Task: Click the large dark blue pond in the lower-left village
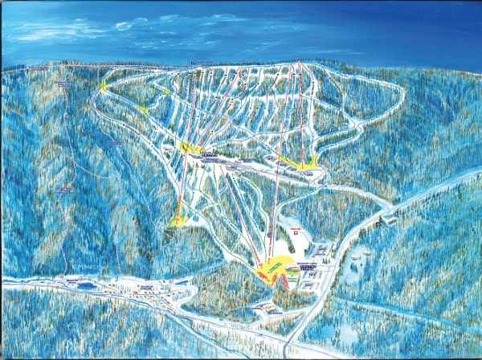88,285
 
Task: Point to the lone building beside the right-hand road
390,219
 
